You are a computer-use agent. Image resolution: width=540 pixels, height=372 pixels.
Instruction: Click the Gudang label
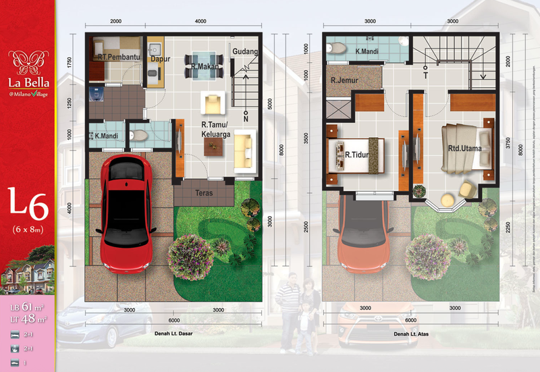245,51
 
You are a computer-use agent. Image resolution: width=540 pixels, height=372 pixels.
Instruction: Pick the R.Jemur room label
344,80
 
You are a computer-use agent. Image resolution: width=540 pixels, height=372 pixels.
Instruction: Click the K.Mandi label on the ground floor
107,136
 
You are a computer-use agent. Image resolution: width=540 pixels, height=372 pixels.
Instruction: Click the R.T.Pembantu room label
118,57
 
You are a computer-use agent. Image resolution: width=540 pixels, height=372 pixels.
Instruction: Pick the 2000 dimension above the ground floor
115,22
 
